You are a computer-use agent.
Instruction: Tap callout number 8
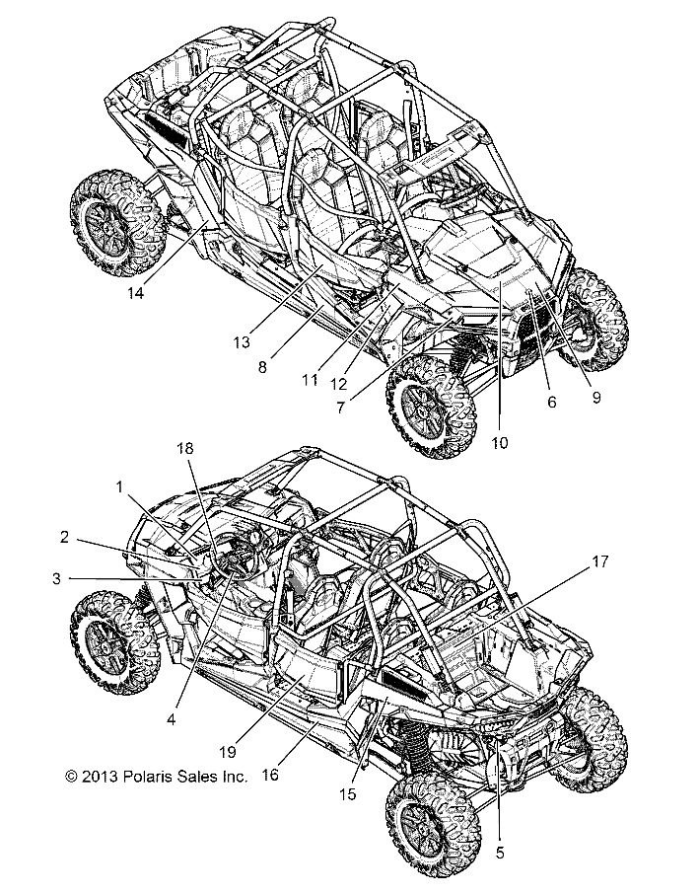coord(262,365)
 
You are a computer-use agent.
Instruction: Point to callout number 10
coord(499,443)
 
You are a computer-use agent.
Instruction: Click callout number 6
coord(551,403)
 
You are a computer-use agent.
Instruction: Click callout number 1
coord(119,486)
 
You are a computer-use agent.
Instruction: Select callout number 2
coord(63,538)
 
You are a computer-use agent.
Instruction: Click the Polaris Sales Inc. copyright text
coord(156,777)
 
